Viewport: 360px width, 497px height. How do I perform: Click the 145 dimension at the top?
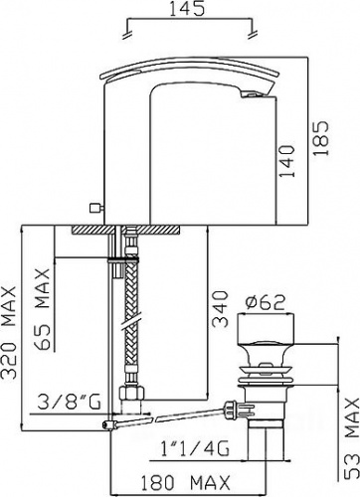(187, 9)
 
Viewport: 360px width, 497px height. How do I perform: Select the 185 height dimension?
(321, 138)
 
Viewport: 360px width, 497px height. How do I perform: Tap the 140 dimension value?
(286, 161)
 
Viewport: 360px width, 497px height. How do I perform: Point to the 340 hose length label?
(221, 309)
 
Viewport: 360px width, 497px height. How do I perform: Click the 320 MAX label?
(9, 331)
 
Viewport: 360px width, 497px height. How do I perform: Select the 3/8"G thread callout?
(69, 402)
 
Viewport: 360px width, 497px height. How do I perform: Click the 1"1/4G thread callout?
(195, 449)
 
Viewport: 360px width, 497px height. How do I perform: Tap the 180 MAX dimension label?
(186, 483)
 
